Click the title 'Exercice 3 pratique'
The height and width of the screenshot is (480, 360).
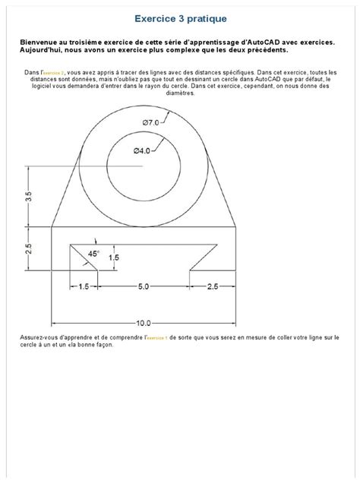(180, 16)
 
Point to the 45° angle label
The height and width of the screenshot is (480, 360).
(93, 253)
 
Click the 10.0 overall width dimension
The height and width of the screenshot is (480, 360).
(144, 322)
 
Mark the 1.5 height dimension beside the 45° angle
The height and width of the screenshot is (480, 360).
(113, 257)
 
